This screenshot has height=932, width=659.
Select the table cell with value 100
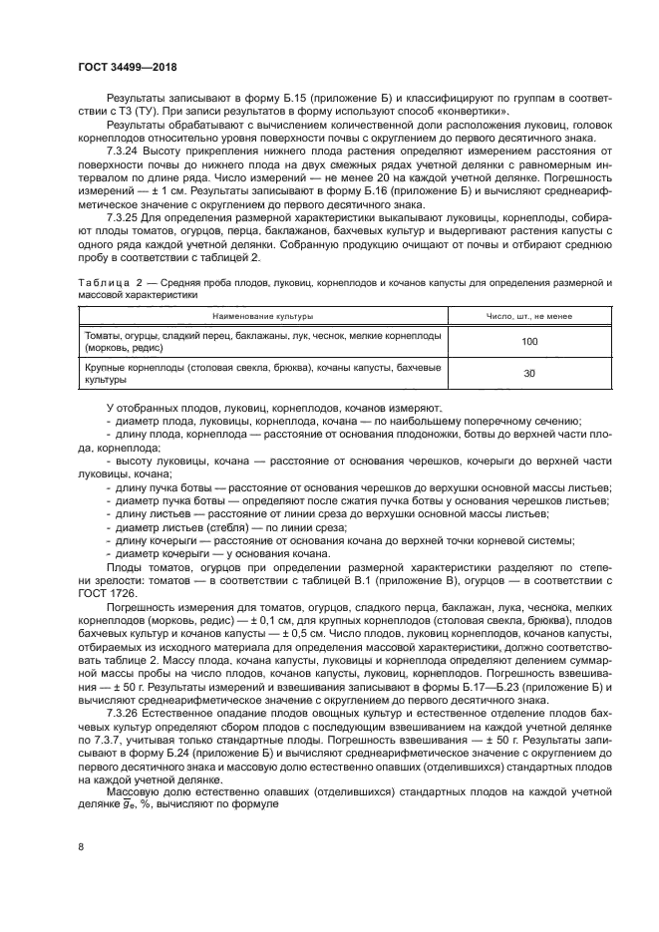[x=528, y=342]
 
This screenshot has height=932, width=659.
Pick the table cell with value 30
[x=528, y=374]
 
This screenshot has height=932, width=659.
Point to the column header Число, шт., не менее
[x=528, y=316]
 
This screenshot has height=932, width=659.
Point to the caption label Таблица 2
[x=112, y=284]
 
